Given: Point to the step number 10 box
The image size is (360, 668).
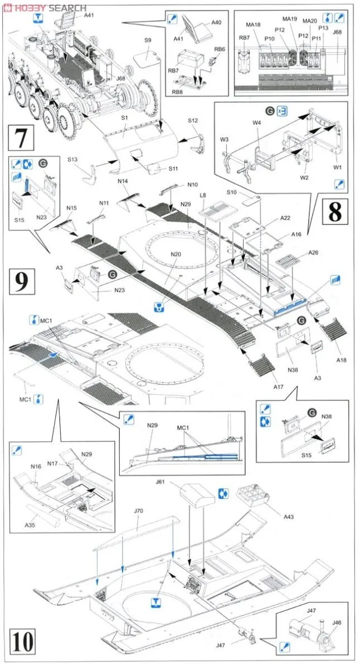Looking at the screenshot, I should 22,640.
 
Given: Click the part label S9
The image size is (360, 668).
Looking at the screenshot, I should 147,40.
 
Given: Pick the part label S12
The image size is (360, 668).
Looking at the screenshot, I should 193,120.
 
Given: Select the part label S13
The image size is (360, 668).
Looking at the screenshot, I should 73,160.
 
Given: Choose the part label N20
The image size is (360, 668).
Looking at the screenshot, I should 176,254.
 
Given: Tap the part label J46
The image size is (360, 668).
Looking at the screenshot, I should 336,622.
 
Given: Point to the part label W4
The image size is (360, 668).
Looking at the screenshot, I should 256,123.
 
